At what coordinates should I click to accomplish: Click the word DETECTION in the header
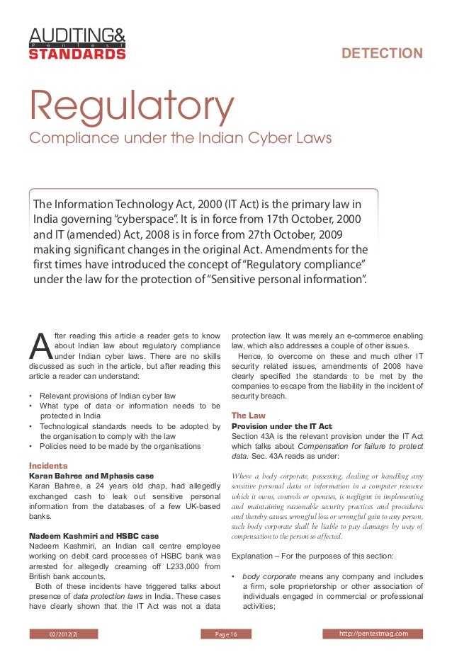click(x=382, y=54)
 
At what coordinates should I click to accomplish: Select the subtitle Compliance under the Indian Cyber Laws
click(x=179, y=137)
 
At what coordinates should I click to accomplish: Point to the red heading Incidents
click(x=48, y=466)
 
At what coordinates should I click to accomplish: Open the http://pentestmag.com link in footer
click(x=373, y=633)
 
